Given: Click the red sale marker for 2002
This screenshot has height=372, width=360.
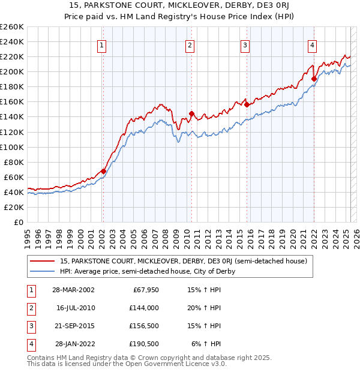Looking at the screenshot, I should pyautogui.click(x=103, y=171).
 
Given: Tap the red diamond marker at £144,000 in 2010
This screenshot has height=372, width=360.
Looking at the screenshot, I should pyautogui.click(x=191, y=113).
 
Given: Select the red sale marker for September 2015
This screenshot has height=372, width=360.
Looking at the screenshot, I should pyautogui.click(x=247, y=104).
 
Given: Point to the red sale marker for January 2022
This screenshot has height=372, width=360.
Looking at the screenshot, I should pyautogui.click(x=314, y=78).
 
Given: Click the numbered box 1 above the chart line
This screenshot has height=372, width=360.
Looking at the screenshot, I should pyautogui.click(x=102, y=45).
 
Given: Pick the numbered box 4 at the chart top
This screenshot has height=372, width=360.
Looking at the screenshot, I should pyautogui.click(x=313, y=45).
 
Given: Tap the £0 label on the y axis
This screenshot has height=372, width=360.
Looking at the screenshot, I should pyautogui.click(x=18, y=222).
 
